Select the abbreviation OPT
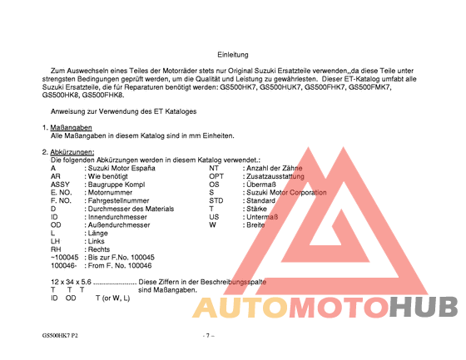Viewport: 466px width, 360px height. point(216,177)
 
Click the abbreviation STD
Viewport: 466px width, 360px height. point(216,201)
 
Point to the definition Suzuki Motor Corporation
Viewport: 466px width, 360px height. point(286,193)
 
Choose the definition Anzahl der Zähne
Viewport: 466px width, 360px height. point(272,169)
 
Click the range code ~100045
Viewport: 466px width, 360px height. point(65,258)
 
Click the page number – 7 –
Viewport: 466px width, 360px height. point(209,335)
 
